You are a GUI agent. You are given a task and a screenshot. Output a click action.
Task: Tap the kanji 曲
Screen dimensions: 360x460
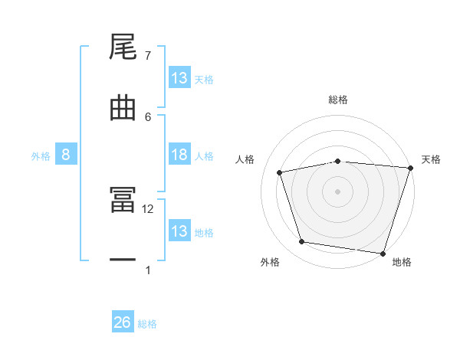pyautogui.click(x=123, y=107)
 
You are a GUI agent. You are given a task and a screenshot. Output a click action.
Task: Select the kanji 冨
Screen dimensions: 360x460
pyautogui.click(x=123, y=200)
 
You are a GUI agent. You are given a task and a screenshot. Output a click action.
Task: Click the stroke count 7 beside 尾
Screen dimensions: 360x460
pyautogui.click(x=148, y=56)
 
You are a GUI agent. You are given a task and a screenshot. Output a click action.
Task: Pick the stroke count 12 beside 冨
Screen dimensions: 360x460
pyautogui.click(x=148, y=208)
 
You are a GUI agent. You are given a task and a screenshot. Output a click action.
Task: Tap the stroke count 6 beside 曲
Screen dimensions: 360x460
pyautogui.click(x=148, y=116)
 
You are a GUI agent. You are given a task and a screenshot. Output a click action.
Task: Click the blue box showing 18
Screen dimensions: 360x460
pyautogui.click(x=179, y=155)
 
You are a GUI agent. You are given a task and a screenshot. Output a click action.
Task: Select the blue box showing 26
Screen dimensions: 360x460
pyautogui.click(x=122, y=322)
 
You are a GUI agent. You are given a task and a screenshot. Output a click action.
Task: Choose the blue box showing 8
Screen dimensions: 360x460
pyautogui.click(x=66, y=155)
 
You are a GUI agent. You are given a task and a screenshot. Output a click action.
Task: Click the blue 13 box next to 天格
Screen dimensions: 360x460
pyautogui.click(x=179, y=78)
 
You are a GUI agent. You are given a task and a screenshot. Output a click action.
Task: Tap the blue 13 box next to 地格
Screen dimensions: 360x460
pyautogui.click(x=179, y=231)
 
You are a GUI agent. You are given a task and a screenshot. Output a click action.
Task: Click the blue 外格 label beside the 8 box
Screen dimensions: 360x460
pyautogui.click(x=41, y=155)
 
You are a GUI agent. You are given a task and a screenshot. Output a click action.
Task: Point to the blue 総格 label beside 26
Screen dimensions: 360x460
pyautogui.click(x=147, y=324)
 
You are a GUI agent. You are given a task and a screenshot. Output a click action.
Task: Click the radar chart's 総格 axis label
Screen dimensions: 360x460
pyautogui.click(x=338, y=100)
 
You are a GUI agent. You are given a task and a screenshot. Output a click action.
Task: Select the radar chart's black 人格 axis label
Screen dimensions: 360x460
pyautogui.click(x=245, y=159)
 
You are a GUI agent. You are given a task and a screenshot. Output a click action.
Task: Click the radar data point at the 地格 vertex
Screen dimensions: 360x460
pyautogui.click(x=383, y=253)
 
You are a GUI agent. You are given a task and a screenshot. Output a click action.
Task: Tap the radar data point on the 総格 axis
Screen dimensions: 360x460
pyautogui.click(x=338, y=161)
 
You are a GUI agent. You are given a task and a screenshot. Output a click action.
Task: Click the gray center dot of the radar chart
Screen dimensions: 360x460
pyautogui.click(x=338, y=191)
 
